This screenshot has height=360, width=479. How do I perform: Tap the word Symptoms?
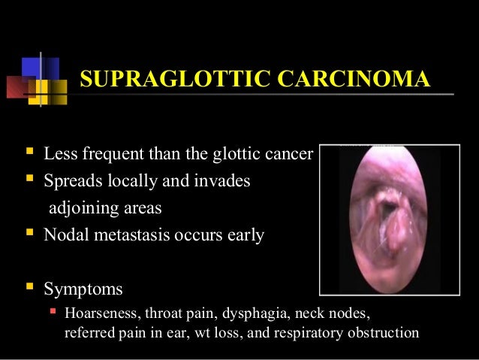coord(83,289)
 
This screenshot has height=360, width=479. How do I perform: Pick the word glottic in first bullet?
coord(236,156)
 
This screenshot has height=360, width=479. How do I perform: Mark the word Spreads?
coord(70,182)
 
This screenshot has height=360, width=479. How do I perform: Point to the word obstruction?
coord(382,331)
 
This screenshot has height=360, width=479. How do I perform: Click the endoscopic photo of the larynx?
coord(389,219)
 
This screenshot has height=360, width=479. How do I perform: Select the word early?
coord(245,235)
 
